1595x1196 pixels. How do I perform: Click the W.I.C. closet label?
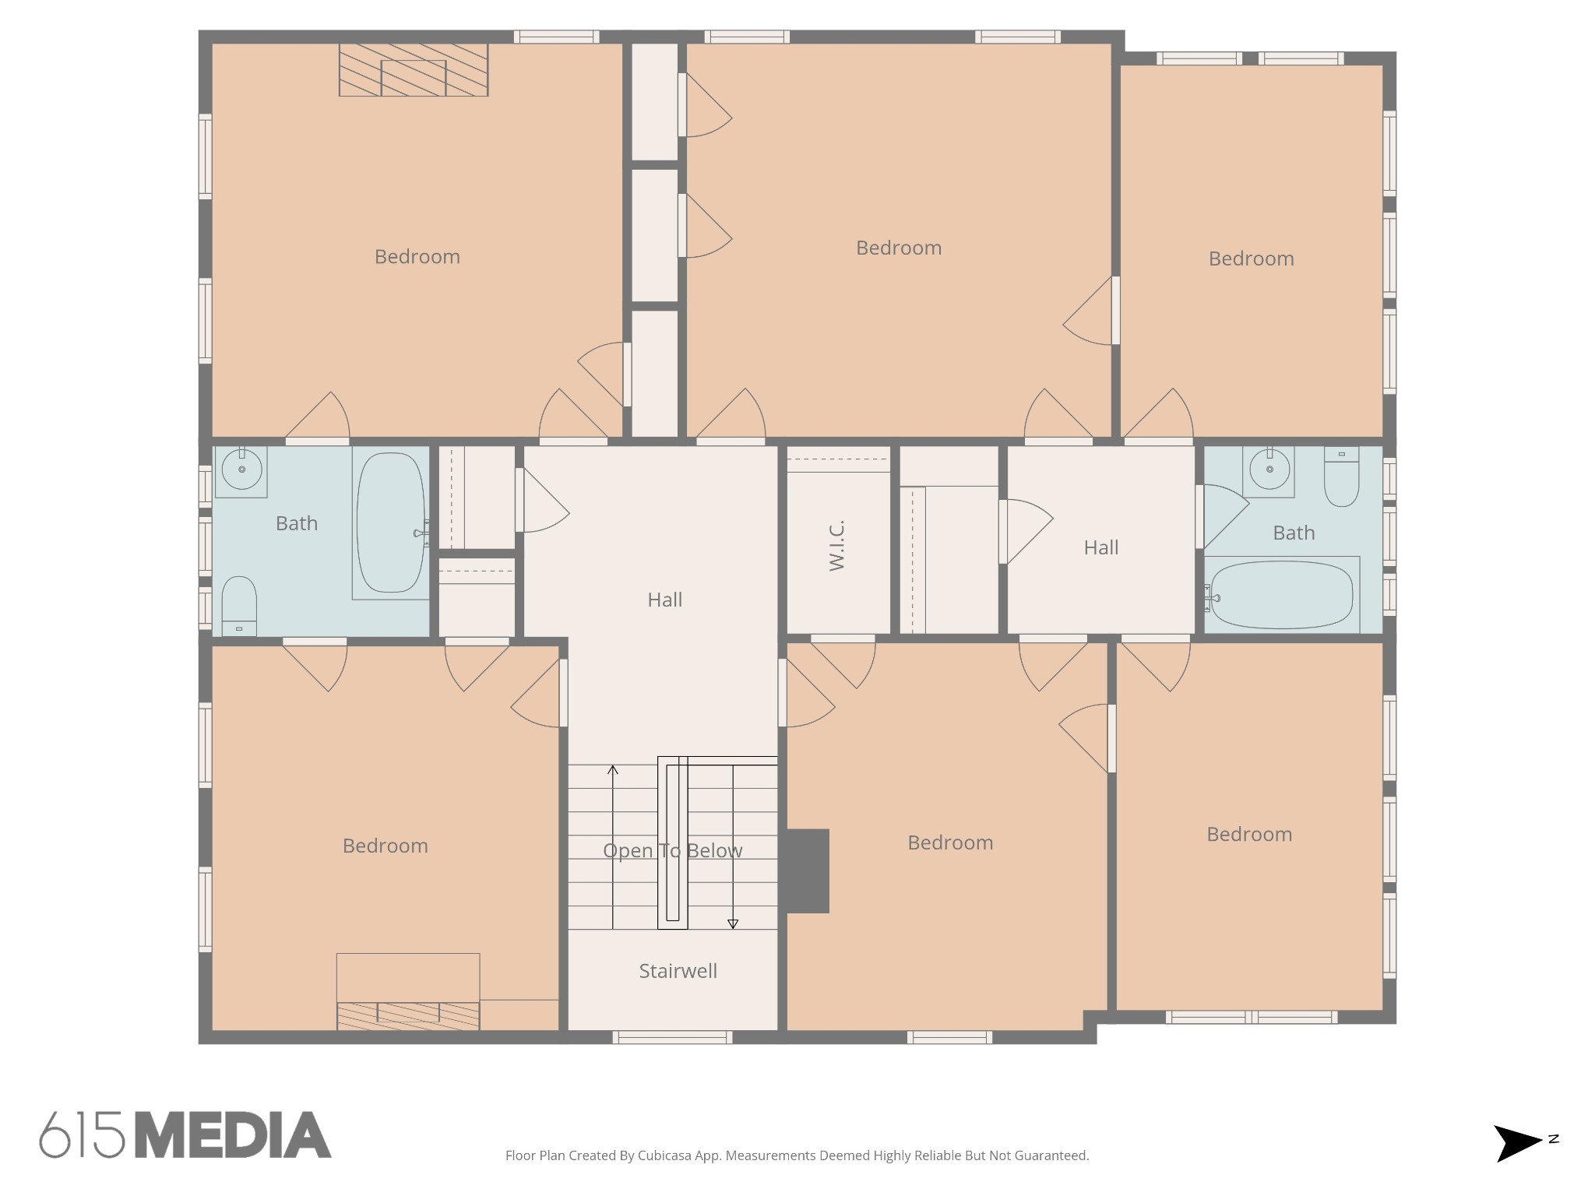[x=837, y=546]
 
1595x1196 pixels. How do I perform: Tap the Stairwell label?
[x=678, y=971]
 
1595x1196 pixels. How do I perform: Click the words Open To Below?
[x=673, y=850]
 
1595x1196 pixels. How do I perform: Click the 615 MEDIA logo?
[x=185, y=1134]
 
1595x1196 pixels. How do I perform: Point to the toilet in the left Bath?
[x=240, y=607]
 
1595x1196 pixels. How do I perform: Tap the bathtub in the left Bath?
[x=390, y=522]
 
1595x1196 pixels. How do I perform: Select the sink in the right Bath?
[x=1269, y=470]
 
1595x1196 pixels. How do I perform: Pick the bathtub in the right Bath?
[x=1282, y=595]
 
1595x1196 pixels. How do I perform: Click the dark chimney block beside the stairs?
[x=807, y=871]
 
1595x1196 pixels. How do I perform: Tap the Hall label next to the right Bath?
[x=1101, y=547]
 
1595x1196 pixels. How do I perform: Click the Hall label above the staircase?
[x=665, y=600]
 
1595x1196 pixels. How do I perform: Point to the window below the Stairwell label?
[x=672, y=1037]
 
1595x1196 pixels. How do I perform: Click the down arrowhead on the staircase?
[x=733, y=924]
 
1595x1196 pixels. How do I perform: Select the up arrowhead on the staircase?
[x=613, y=770]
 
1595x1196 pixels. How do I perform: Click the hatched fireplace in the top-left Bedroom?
[x=414, y=70]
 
